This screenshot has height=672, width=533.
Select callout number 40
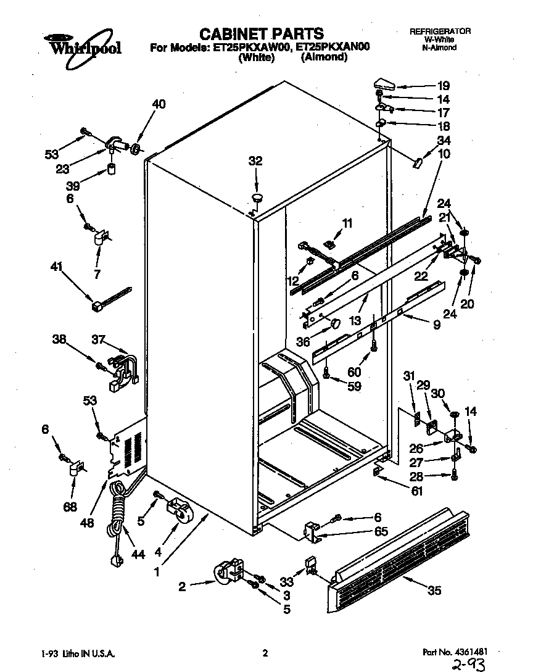pos(159,104)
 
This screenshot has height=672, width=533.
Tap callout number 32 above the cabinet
pos(255,161)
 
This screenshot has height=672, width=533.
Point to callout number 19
pos(444,86)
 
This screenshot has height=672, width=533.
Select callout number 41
pos(57,267)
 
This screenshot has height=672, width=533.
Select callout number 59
pos(353,388)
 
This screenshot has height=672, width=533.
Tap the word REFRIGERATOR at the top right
pos(440,31)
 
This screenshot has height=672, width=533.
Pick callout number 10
pos(444,154)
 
